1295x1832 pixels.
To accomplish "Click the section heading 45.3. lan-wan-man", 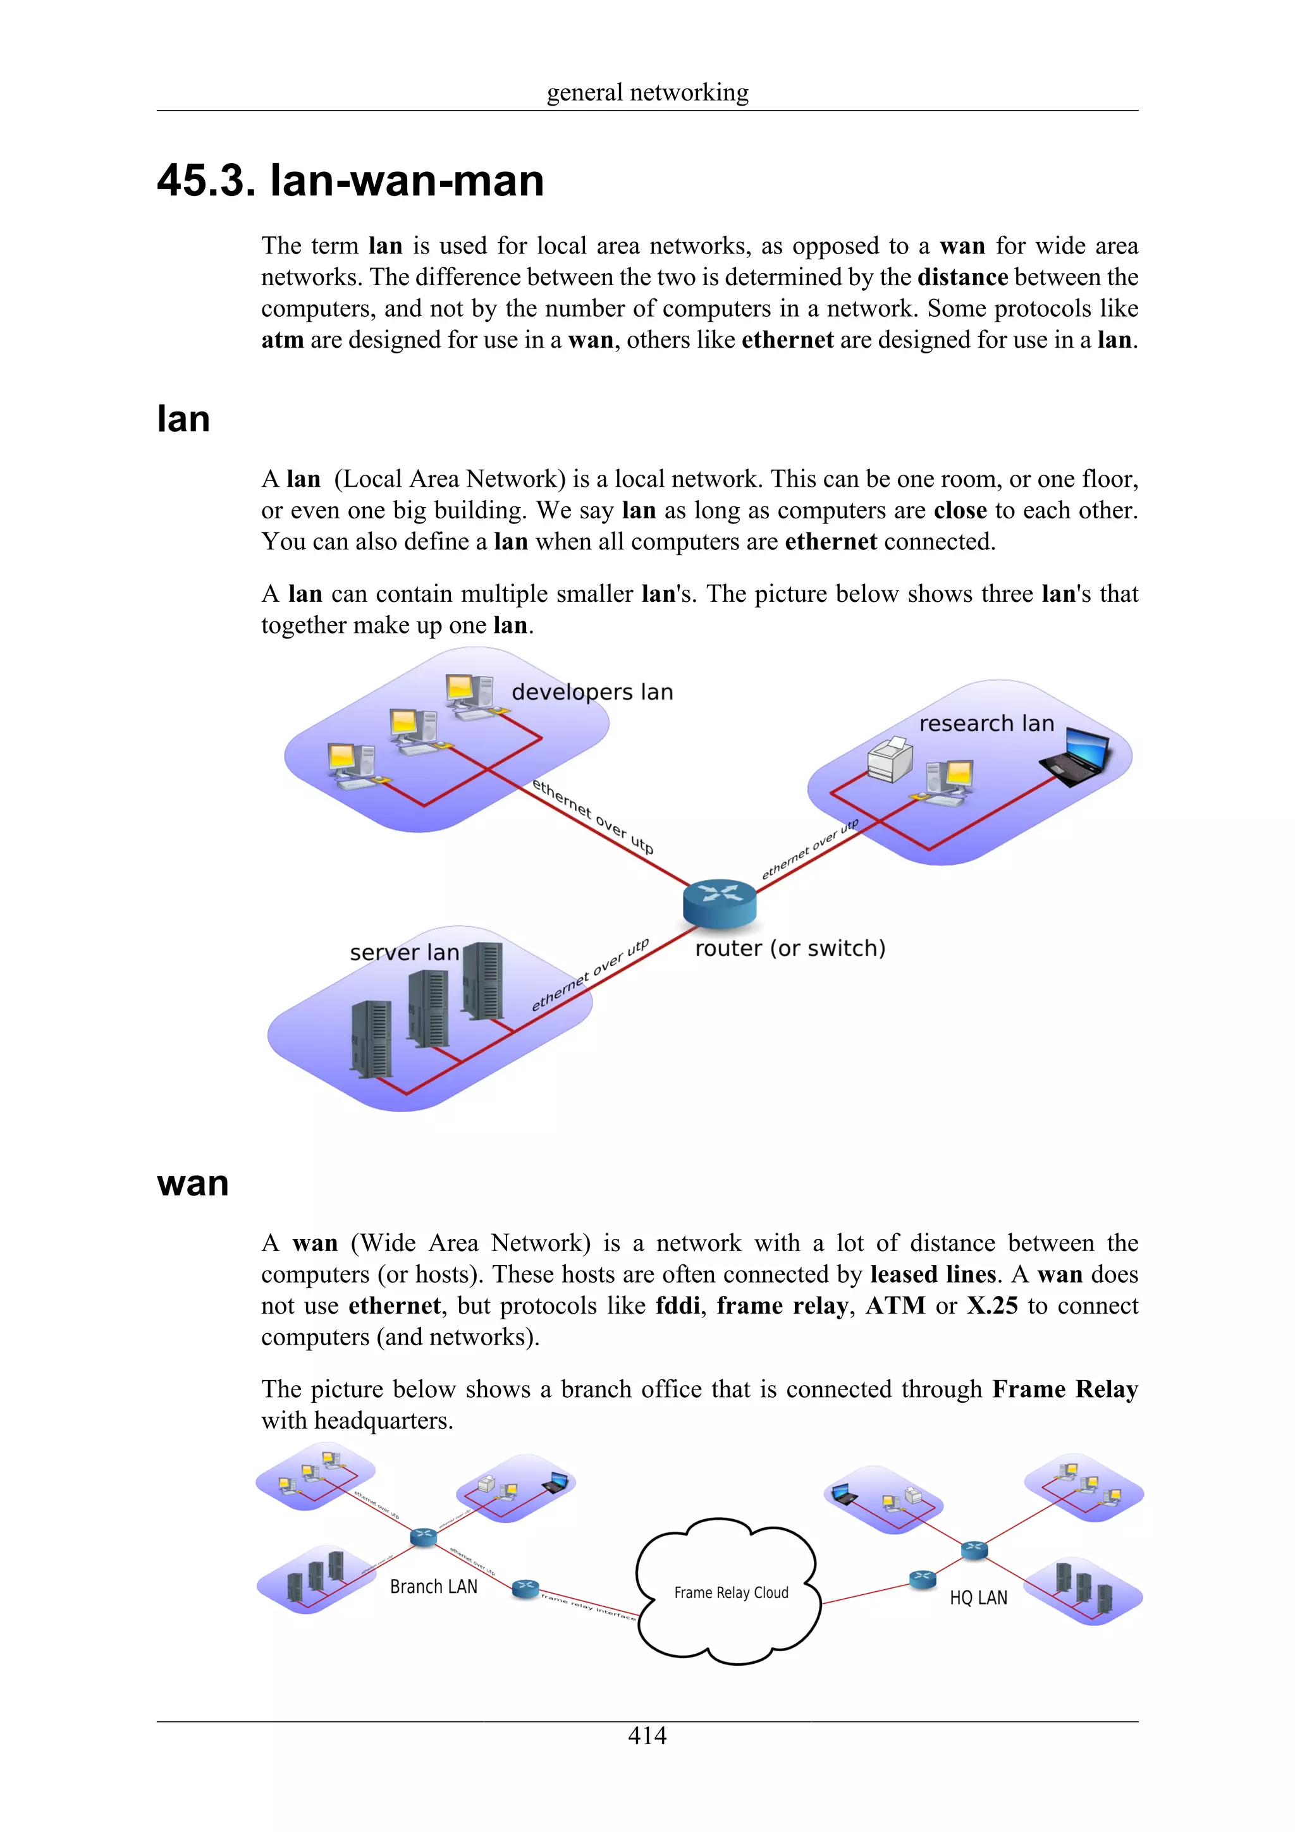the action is [350, 180].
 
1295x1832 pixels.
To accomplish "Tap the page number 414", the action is [647, 1735].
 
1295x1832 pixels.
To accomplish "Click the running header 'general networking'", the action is [647, 92].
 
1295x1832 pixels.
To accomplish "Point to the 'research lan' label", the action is [986, 724].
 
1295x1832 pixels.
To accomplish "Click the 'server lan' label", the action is [404, 952].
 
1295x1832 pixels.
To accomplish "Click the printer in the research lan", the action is [890, 759].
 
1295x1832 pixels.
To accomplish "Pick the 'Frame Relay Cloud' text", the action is [731, 1592].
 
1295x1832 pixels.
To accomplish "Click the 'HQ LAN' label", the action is [978, 1597].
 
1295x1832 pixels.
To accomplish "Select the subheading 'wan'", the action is [193, 1183].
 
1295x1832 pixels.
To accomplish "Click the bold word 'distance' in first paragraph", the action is [962, 277].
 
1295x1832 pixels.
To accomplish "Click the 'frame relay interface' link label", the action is [588, 1606].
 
